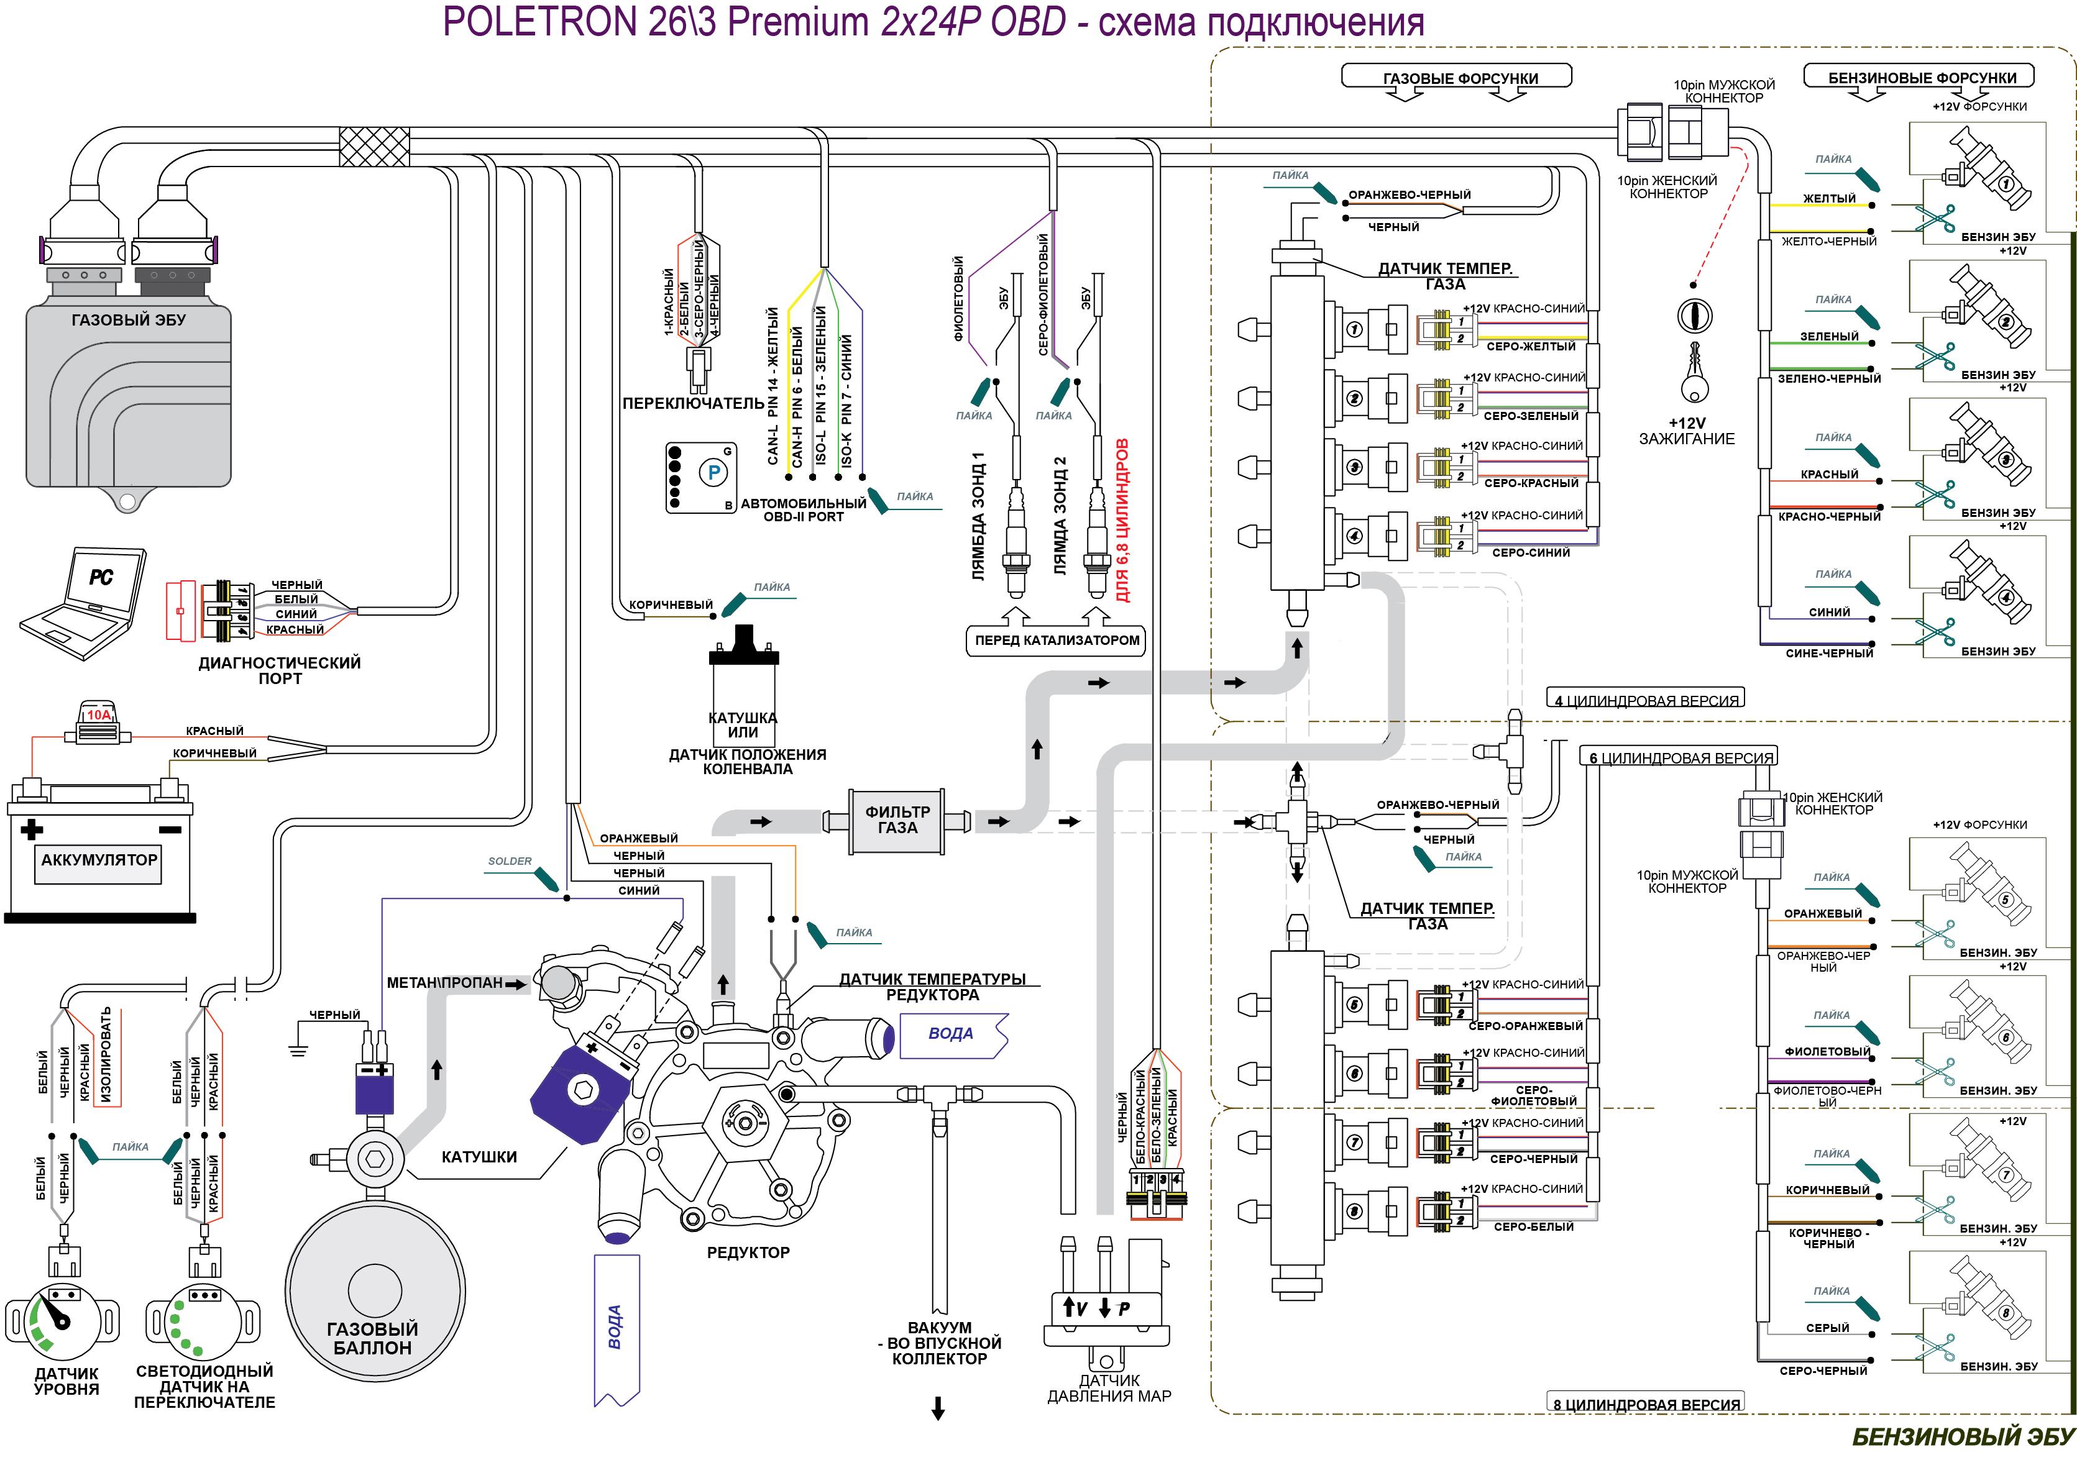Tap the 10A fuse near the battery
coord(98,723)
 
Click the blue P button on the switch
coord(713,472)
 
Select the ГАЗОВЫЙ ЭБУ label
coord(129,320)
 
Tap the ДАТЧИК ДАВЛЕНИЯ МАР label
coord(1109,1389)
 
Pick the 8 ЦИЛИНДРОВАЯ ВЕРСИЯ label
coord(1646,1405)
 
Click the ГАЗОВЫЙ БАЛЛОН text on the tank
coord(372,1338)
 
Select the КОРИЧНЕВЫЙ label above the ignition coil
coord(671,605)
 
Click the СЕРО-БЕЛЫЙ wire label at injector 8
coord(1533,1226)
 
